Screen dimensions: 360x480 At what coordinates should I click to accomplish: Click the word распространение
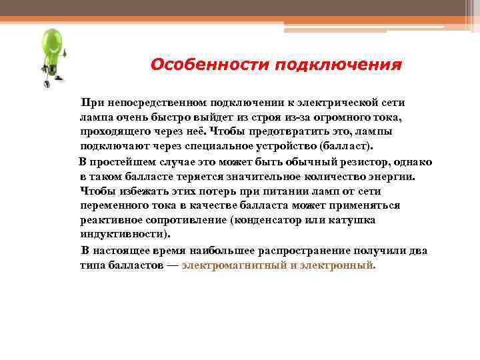tap(269, 251)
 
